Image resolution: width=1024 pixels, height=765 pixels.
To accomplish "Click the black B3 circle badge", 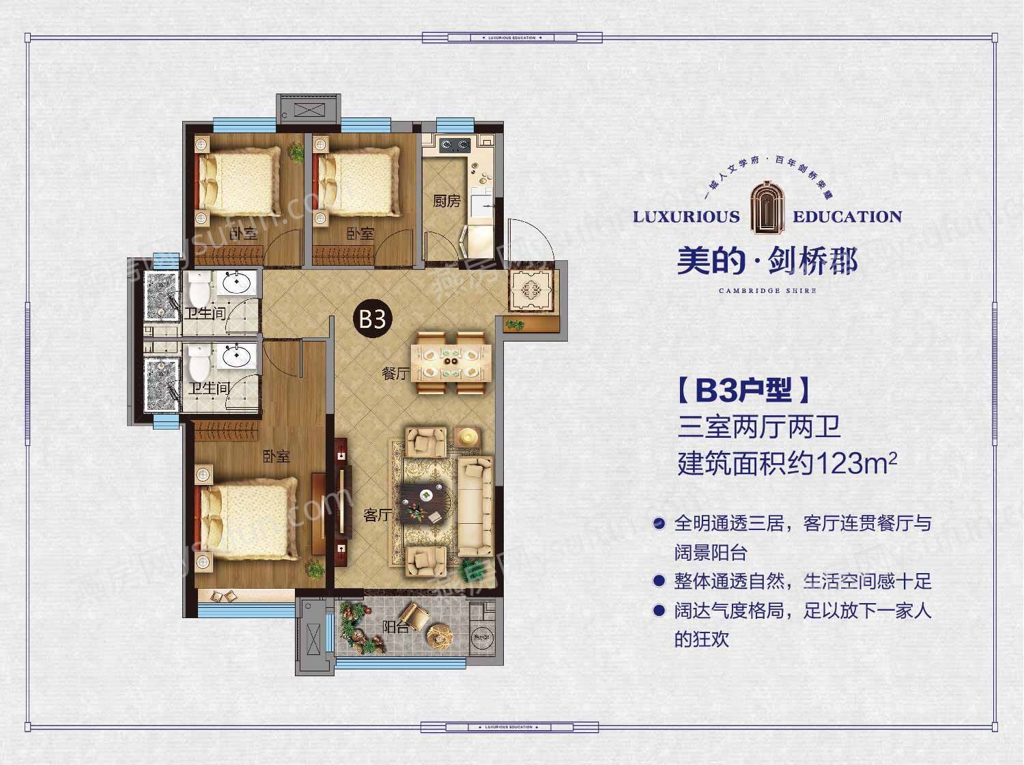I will (373, 318).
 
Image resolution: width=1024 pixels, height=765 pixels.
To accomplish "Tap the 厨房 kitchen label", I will (446, 201).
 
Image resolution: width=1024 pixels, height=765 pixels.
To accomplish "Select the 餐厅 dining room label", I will (395, 373).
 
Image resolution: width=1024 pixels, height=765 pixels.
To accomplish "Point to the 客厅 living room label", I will (377, 515).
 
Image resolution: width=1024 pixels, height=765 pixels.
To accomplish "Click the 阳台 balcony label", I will (395, 626).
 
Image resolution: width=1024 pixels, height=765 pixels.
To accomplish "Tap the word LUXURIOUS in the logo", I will (686, 217).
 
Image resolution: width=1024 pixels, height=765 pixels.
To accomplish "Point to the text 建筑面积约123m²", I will (786, 464).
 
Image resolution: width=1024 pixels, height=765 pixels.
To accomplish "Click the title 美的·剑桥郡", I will (767, 262).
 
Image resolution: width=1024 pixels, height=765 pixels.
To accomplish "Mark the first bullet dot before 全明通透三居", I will (659, 525).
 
